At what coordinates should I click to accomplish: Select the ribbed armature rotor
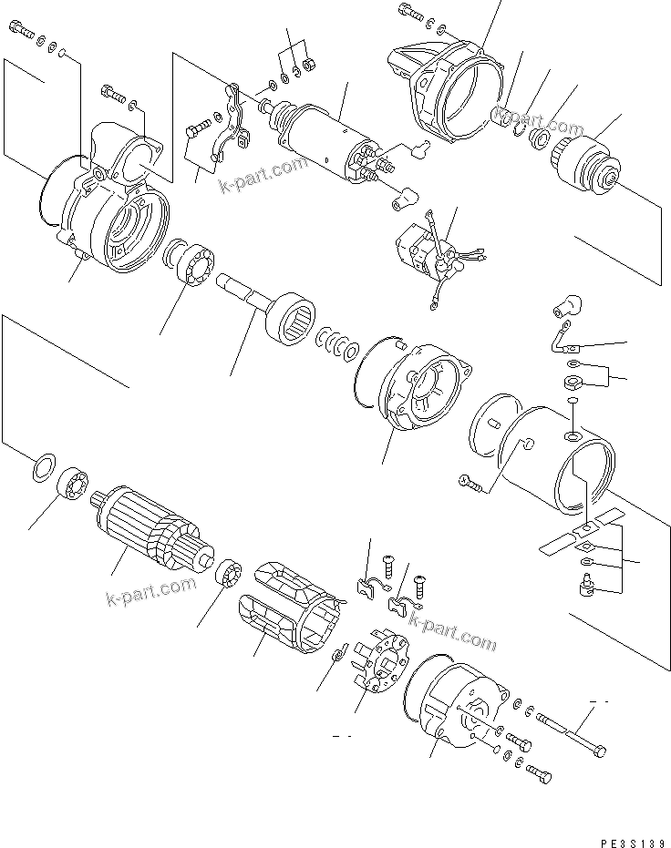(146, 532)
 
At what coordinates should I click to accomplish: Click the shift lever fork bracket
(232, 122)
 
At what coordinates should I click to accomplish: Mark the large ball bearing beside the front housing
(191, 264)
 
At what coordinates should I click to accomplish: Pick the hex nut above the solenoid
(309, 65)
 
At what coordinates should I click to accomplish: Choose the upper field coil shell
(284, 579)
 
